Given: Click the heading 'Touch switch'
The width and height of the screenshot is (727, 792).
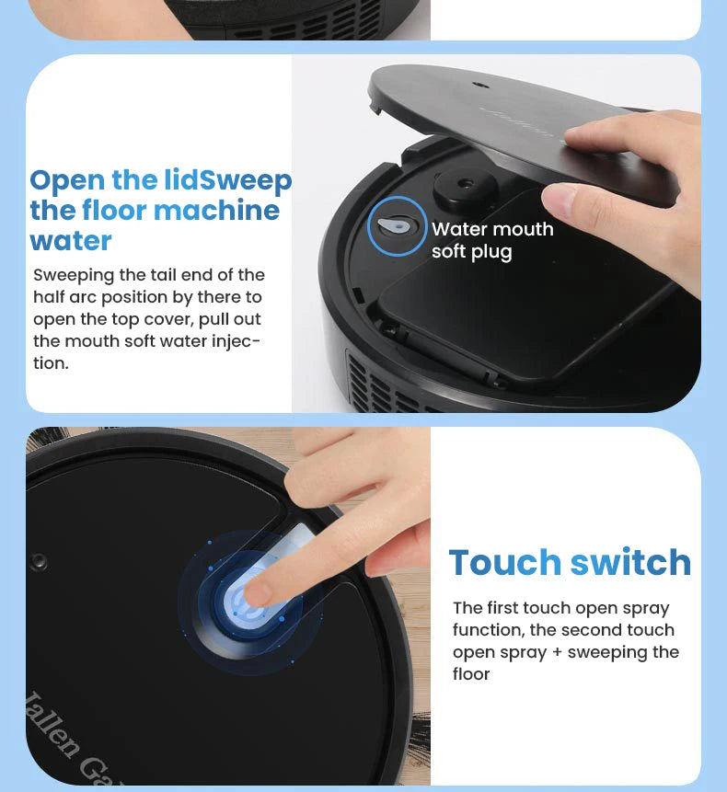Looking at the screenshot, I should pyautogui.click(x=570, y=562).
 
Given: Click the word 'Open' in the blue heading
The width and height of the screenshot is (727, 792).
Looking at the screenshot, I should pyautogui.click(x=66, y=180).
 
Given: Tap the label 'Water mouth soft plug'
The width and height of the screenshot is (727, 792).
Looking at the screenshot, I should pyautogui.click(x=492, y=240).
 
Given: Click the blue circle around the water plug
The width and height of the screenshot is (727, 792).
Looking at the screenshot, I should pyautogui.click(x=397, y=225).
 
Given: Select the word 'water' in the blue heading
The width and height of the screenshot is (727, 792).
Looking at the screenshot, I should pyautogui.click(x=71, y=241).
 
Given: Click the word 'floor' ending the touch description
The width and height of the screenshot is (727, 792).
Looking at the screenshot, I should pyautogui.click(x=471, y=674).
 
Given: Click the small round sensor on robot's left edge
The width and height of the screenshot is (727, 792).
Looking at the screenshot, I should pyautogui.click(x=39, y=561).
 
